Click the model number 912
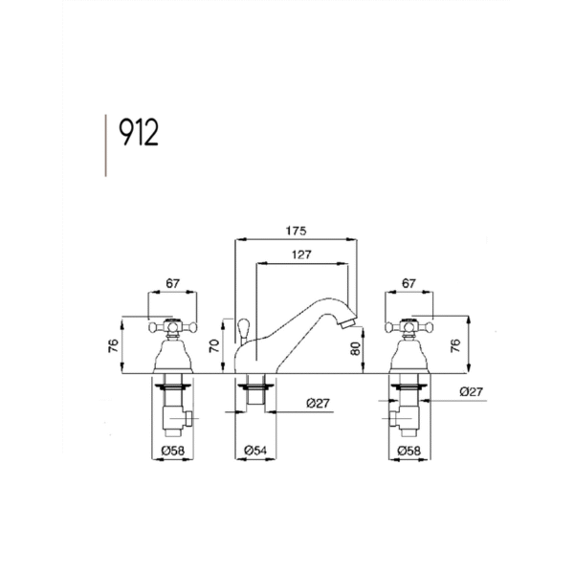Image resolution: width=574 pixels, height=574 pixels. [x=139, y=132]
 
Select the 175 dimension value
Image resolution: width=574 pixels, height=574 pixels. [x=296, y=231]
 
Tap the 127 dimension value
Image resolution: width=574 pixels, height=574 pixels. [x=301, y=254]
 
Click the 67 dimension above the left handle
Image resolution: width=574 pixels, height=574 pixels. [x=173, y=283]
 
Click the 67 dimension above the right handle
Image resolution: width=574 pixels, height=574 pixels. [x=408, y=283]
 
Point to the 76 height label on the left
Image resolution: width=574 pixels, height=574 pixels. [x=114, y=345]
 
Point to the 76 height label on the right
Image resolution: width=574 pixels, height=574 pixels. [x=455, y=345]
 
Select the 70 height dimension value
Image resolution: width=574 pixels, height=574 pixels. [x=214, y=346]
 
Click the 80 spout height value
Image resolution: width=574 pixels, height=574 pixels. [x=355, y=348]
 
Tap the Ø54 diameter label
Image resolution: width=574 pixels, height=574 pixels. [x=255, y=451]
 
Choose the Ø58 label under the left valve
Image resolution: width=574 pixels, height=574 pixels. [x=173, y=451]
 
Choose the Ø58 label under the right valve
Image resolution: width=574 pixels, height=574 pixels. [x=409, y=451]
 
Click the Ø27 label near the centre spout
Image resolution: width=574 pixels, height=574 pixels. [x=319, y=404]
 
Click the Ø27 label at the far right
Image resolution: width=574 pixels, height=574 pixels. [x=472, y=391]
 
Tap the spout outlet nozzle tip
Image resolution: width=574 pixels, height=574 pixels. [x=347, y=323]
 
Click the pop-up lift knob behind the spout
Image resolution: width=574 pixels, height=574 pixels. [x=243, y=327]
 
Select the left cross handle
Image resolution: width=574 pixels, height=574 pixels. [x=173, y=326]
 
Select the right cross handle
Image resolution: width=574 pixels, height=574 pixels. [x=408, y=326]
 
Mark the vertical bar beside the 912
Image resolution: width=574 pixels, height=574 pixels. [x=106, y=145]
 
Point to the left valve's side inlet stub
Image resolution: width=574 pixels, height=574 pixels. [x=188, y=419]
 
